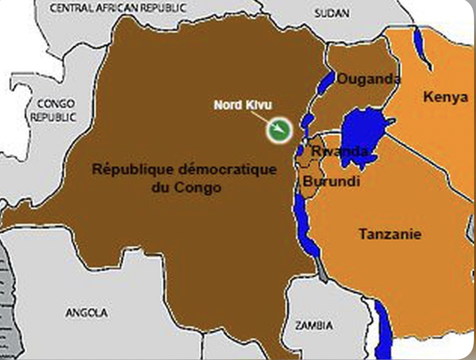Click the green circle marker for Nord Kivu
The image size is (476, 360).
click(278, 130)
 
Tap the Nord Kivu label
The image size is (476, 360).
click(243, 105)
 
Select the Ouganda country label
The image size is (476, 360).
click(369, 79)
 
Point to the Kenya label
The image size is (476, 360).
click(445, 97)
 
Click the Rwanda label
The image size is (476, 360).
click(340, 151)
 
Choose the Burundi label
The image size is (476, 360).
click(331, 181)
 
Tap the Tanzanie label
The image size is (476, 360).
click(390, 234)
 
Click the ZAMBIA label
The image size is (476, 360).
click(314, 325)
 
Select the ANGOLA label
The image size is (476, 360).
click(86, 312)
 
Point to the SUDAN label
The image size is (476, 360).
click(332, 13)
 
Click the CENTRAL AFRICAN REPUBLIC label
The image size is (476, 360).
click(118, 8)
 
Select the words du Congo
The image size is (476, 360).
click(186, 187)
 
